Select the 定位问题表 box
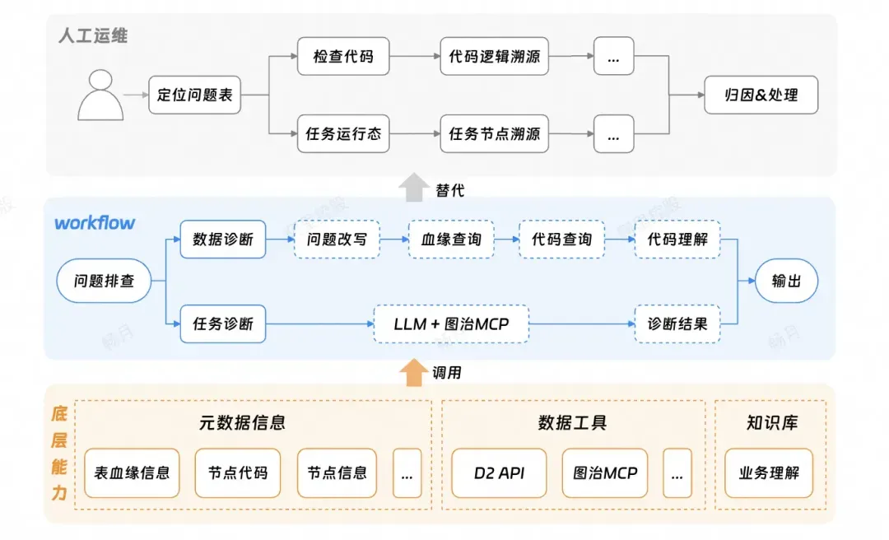tap(195, 95)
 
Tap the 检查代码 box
tap(342, 57)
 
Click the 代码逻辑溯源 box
tap(494, 57)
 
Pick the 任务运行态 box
tap(342, 133)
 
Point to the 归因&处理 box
tap(761, 95)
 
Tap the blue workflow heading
tap(95, 223)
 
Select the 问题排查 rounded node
tap(104, 282)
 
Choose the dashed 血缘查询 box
tap(451, 240)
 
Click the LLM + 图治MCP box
tap(451, 324)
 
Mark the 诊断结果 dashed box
tap(677, 324)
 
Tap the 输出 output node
tap(785, 282)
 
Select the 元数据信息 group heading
tap(242, 423)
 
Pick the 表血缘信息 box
tap(132, 472)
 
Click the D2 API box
tap(499, 473)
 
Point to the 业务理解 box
tap(768, 473)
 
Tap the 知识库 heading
tap(771, 423)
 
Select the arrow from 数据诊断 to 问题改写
tap(280, 240)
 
